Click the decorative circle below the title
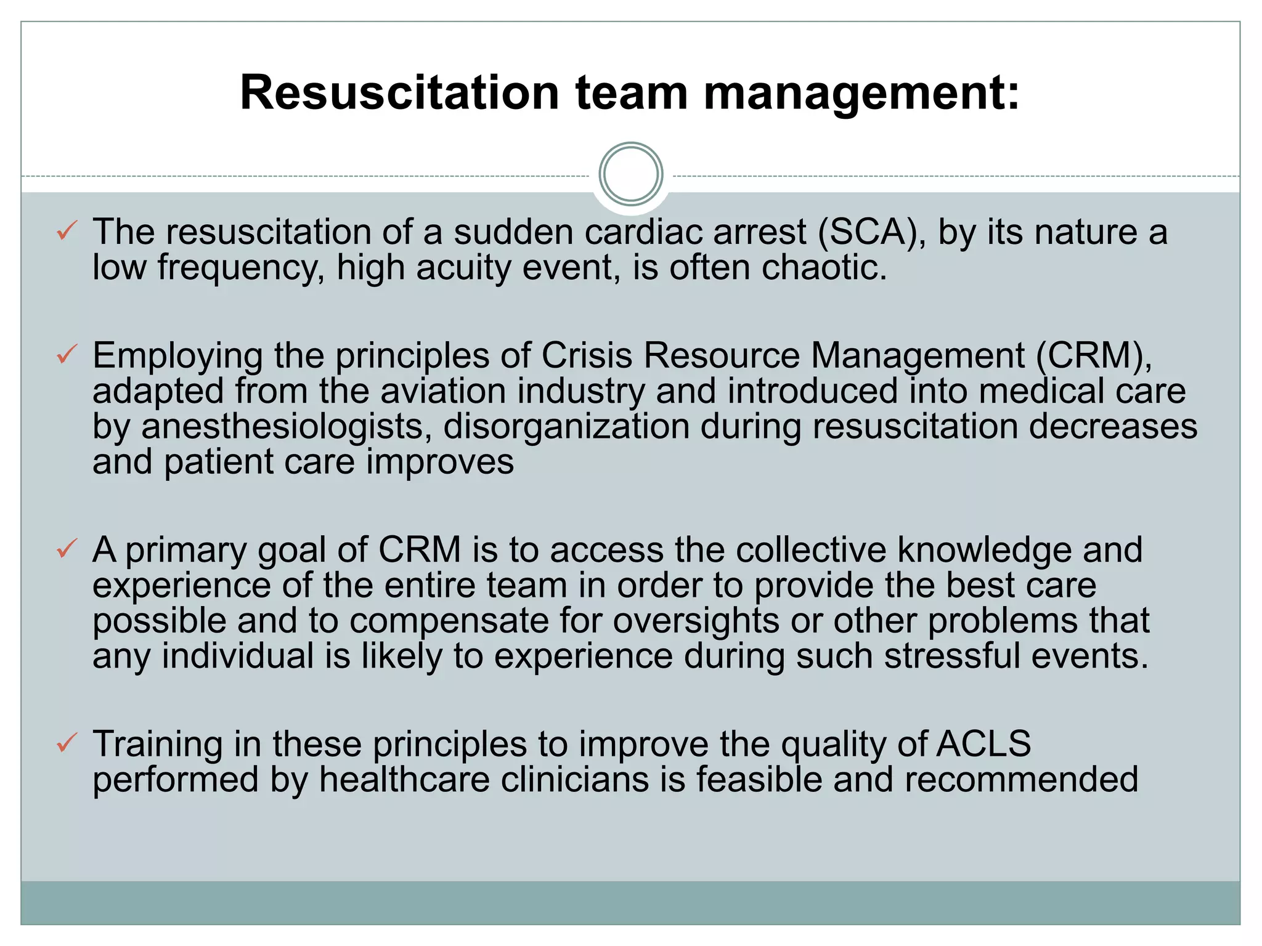pyautogui.click(x=630, y=174)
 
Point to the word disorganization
pyautogui.click(x=566, y=427)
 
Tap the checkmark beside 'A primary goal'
pyautogui.click(x=67, y=548)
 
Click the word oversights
pyautogui.click(x=696, y=621)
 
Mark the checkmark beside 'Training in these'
pyautogui.click(x=67, y=743)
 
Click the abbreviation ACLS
pyautogui.click(x=983, y=743)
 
